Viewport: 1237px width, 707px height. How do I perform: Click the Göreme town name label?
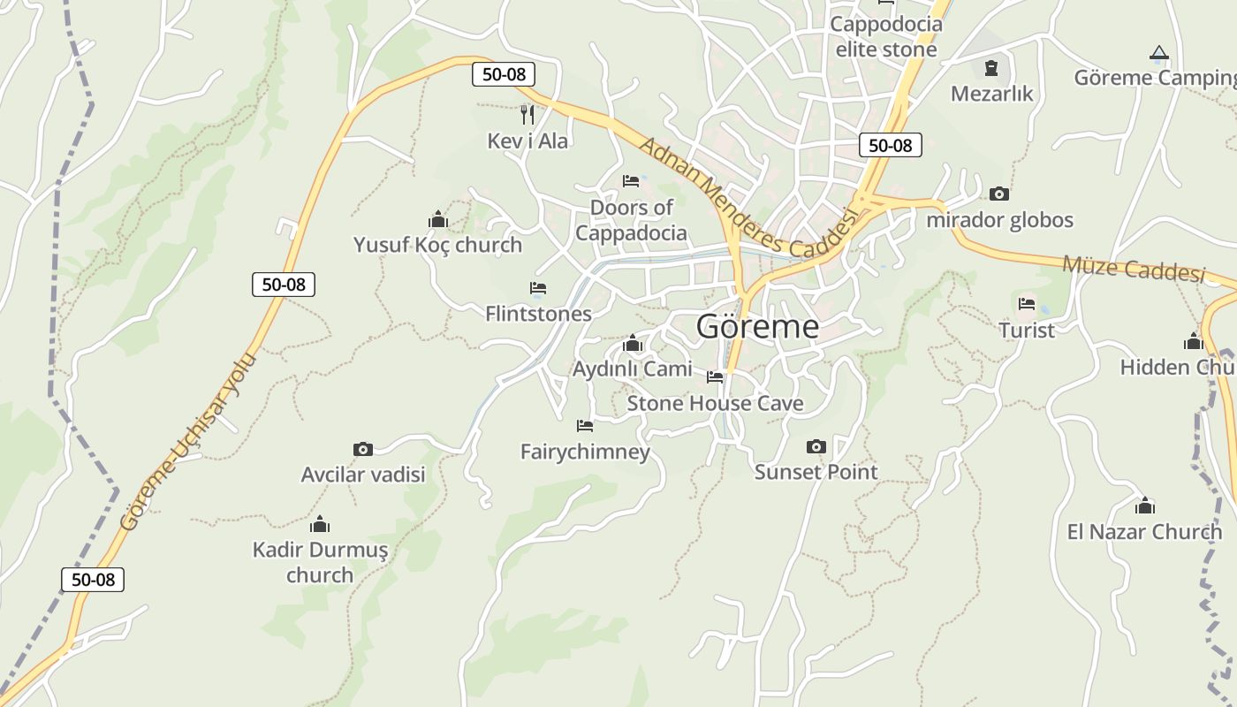tap(757, 327)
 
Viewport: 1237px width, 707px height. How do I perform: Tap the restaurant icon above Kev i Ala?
tap(527, 114)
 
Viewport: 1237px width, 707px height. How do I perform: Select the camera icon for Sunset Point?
tap(816, 446)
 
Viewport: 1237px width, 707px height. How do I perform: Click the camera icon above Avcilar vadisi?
tap(362, 449)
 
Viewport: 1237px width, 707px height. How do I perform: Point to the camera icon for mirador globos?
tap(999, 194)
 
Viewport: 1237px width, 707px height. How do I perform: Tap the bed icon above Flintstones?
tap(538, 288)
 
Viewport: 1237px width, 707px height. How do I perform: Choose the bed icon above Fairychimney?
tap(584, 426)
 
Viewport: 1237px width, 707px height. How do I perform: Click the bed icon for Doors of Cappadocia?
tap(631, 181)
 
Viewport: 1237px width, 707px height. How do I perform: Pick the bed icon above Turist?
tap(1026, 304)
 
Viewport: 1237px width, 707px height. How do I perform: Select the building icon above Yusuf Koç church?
tap(437, 219)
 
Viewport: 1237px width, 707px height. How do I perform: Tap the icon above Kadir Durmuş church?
tap(320, 524)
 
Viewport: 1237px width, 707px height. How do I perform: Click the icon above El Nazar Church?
tap(1145, 506)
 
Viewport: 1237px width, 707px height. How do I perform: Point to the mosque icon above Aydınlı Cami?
tap(633, 343)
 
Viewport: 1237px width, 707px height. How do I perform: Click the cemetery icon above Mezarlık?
tap(991, 67)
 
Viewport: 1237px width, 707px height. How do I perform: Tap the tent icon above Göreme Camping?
tap(1159, 53)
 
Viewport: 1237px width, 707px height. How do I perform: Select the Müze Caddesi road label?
tap(1134, 268)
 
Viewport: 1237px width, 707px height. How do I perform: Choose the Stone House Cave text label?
tap(715, 404)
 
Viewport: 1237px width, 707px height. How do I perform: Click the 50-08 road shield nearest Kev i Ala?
tap(504, 74)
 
